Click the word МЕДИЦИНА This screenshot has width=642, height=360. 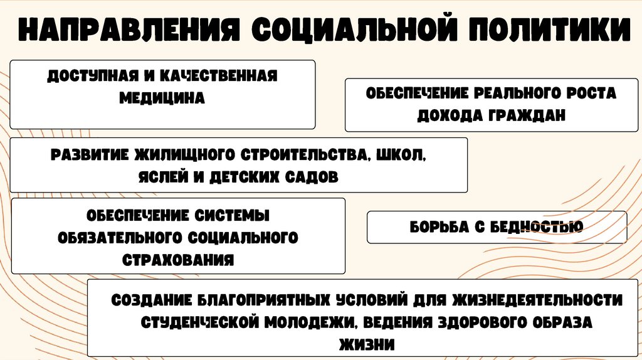(162, 98)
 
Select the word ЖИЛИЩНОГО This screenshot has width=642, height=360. (179, 154)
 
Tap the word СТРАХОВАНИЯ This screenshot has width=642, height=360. (178, 260)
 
